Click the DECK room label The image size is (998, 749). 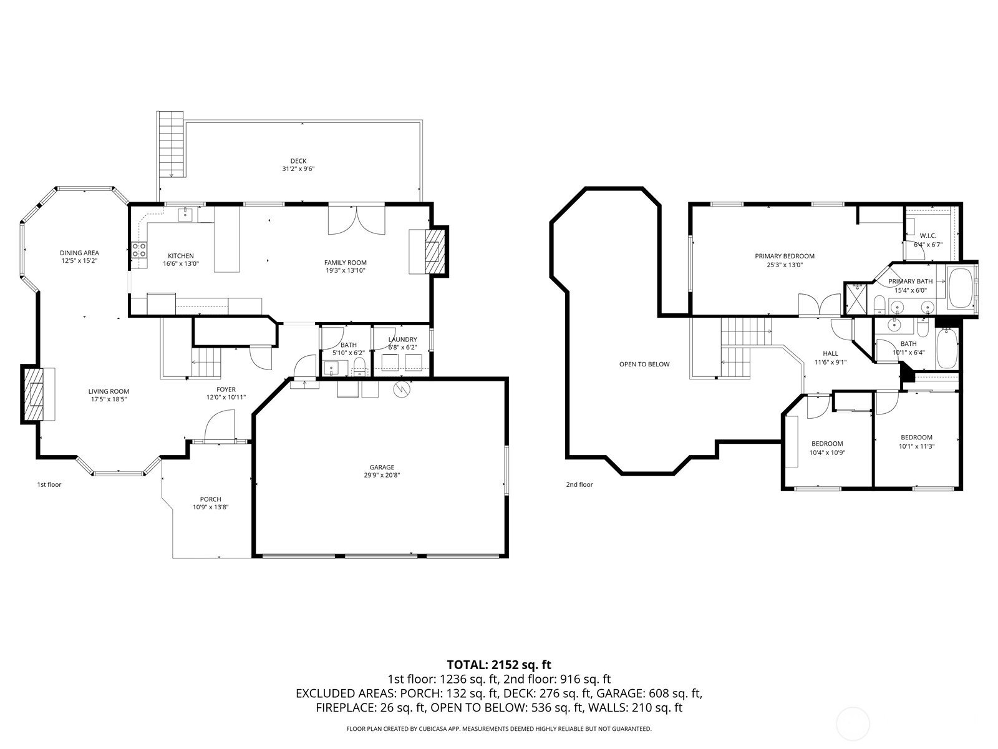coord(298,161)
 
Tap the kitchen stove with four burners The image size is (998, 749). coord(139,250)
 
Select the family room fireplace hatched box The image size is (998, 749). coord(435,252)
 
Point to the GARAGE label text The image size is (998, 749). coord(382,467)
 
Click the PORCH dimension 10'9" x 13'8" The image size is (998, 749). coord(211,507)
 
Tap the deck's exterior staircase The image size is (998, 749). coord(171,144)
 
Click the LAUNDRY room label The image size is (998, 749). coord(402,340)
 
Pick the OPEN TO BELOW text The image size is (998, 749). coord(644,364)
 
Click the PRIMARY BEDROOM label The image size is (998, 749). coord(785,256)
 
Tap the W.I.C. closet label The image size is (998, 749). coord(928,236)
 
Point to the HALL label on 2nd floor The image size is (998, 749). coord(830,353)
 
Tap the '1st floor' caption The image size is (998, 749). coord(49,484)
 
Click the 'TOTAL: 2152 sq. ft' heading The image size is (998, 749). coord(499,665)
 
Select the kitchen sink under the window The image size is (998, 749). coord(185,215)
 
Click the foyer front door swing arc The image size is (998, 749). coord(220,424)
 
